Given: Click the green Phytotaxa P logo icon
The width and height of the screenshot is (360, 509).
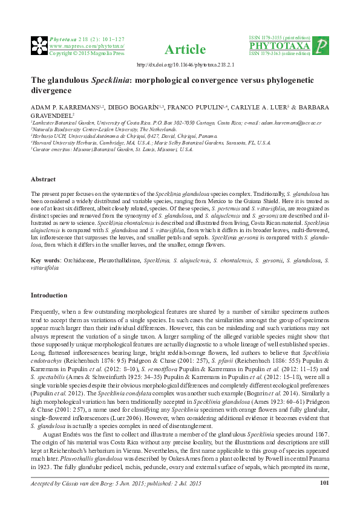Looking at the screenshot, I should (x=323, y=46).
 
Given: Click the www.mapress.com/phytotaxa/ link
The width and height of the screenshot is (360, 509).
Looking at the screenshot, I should (x=87, y=45).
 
